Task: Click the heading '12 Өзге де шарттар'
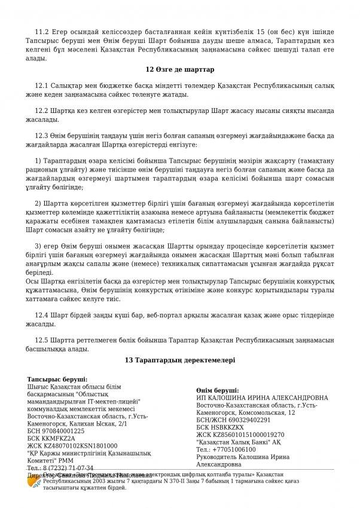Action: pos(179,71)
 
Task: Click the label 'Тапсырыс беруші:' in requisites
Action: pos(57,380)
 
